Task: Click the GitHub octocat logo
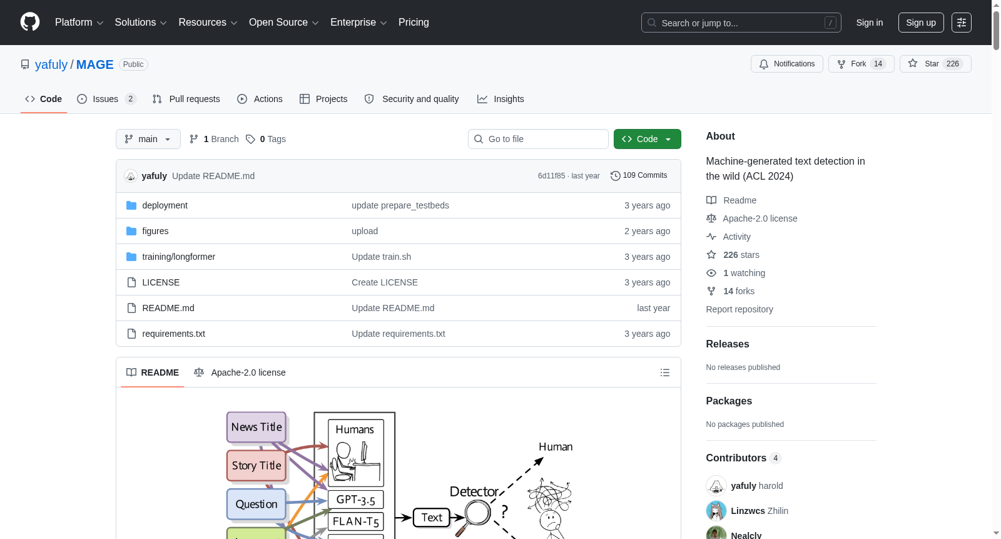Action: [30, 22]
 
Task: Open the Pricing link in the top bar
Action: [414, 23]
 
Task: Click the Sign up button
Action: [920, 23]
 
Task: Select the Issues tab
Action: [106, 99]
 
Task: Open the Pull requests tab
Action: [186, 99]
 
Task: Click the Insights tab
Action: [500, 99]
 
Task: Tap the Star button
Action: [935, 64]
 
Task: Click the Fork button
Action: [861, 64]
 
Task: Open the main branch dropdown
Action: [148, 139]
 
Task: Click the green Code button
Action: [647, 139]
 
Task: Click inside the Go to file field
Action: [538, 139]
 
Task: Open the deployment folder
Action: [165, 205]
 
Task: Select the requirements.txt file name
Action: [173, 334]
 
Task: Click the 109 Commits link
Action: [639, 175]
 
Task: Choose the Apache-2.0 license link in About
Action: [760, 218]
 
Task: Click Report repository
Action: [739, 309]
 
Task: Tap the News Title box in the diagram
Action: [256, 427]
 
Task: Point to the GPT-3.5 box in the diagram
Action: [356, 500]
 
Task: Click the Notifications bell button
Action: [786, 64]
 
